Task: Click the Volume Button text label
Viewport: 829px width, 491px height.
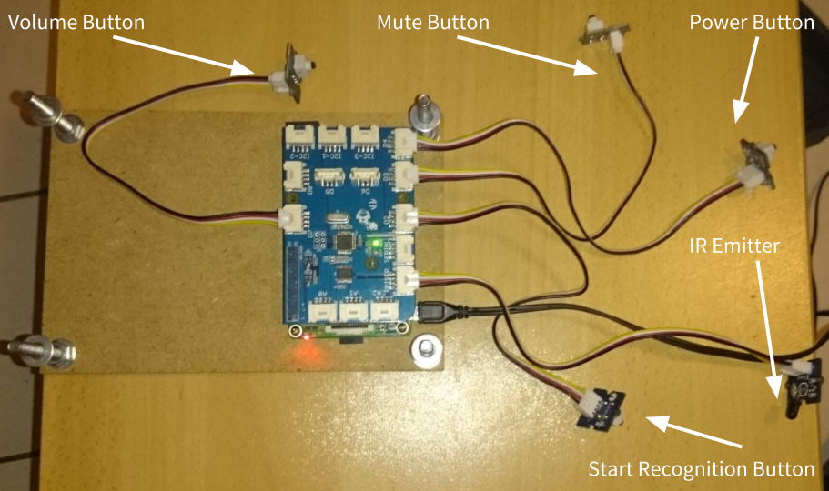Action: pos(76,22)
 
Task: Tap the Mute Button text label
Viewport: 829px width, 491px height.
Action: pos(432,22)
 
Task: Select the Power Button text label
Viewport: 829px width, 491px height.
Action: pos(751,23)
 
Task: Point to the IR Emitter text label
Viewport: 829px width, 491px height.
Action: pos(733,245)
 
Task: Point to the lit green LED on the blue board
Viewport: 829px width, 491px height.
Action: pos(376,243)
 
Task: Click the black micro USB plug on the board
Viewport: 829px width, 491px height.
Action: pos(436,313)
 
